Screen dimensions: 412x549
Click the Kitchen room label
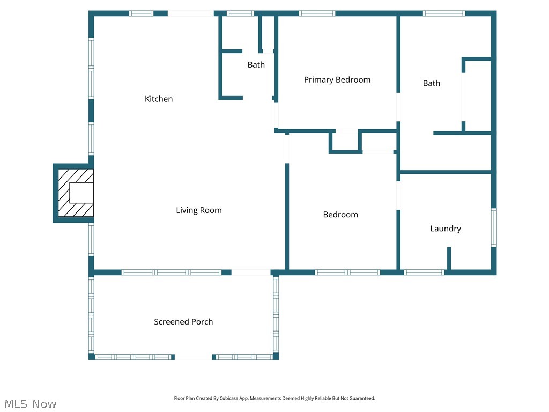point(159,99)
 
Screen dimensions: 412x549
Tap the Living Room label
point(199,210)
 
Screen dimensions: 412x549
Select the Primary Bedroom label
point(337,79)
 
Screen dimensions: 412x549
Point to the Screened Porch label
point(183,322)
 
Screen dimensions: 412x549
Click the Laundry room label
point(446,229)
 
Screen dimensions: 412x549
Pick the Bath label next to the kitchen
point(256,65)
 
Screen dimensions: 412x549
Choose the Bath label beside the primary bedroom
point(432,83)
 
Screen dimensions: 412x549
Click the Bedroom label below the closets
point(340,215)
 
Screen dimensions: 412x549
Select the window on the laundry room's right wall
point(494,227)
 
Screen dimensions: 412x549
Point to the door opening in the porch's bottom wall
point(193,357)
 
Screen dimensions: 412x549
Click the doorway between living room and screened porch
point(251,273)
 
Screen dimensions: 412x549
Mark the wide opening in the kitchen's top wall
point(190,13)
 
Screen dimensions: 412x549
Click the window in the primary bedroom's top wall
point(317,13)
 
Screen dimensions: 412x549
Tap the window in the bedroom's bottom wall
point(347,273)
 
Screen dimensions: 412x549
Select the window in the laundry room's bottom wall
point(424,273)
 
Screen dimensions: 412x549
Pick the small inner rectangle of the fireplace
point(81,193)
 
